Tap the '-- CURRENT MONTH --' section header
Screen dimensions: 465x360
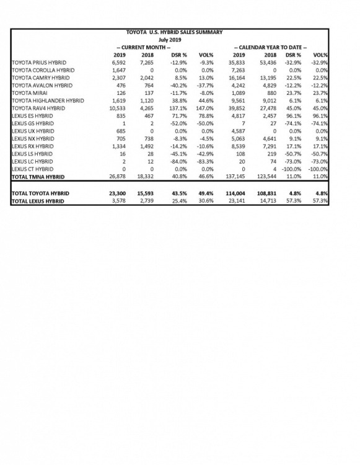click(x=143, y=47)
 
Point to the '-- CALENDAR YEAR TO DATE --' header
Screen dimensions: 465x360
click(x=270, y=47)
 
